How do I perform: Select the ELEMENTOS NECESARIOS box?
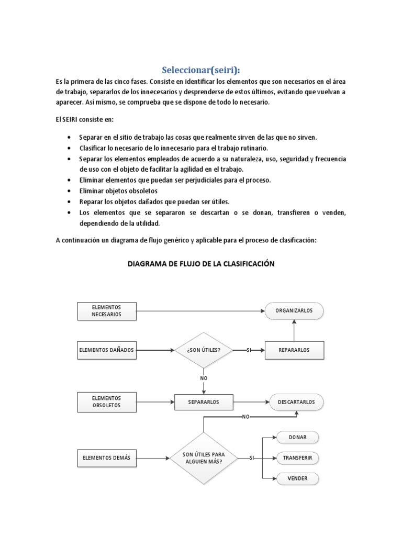pyautogui.click(x=107, y=311)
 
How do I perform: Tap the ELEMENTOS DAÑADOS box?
pyautogui.click(x=107, y=350)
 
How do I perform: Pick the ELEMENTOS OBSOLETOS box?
pyautogui.click(x=107, y=402)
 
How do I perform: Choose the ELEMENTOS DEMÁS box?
pyautogui.click(x=107, y=457)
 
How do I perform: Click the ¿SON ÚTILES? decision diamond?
pyautogui.click(x=203, y=350)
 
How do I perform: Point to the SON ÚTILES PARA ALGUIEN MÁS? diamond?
pyautogui.click(x=203, y=457)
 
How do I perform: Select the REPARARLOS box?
pyautogui.click(x=294, y=350)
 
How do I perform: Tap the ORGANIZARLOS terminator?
pyautogui.click(x=294, y=311)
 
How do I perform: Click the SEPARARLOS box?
pyautogui.click(x=203, y=402)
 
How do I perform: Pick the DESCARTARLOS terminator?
pyautogui.click(x=296, y=402)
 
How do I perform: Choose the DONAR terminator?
pyautogui.click(x=297, y=438)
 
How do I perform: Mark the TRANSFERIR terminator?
pyautogui.click(x=297, y=458)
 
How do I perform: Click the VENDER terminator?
pyautogui.click(x=297, y=478)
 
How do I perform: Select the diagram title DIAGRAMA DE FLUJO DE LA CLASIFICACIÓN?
pyautogui.click(x=202, y=264)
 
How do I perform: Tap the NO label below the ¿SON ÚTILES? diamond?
pyautogui.click(x=203, y=377)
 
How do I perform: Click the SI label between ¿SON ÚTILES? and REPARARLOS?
pyautogui.click(x=249, y=350)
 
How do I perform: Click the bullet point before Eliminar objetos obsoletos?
pyautogui.click(x=70, y=191)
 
